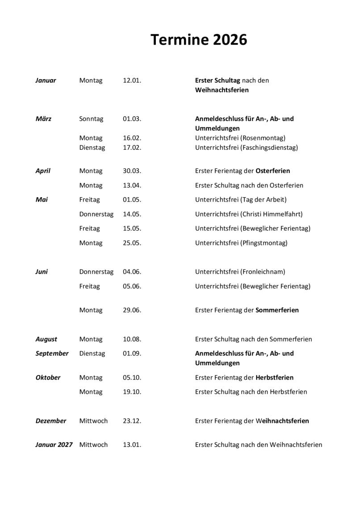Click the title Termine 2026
click(x=198, y=40)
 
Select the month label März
click(x=43, y=119)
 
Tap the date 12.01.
click(x=132, y=80)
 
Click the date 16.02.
click(x=132, y=138)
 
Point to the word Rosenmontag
click(x=263, y=138)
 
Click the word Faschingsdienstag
click(x=269, y=148)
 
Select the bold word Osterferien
click(x=272, y=171)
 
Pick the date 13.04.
click(x=132, y=185)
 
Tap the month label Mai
click(x=42, y=200)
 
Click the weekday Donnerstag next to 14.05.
click(x=96, y=214)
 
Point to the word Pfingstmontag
click(x=264, y=243)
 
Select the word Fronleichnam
click(x=263, y=272)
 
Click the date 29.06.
click(x=132, y=310)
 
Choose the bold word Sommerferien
click(x=277, y=310)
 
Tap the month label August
click(x=46, y=339)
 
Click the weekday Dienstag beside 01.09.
click(x=92, y=354)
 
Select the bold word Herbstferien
click(x=274, y=378)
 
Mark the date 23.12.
click(x=132, y=421)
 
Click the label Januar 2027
click(x=54, y=445)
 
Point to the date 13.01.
click(x=132, y=445)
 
